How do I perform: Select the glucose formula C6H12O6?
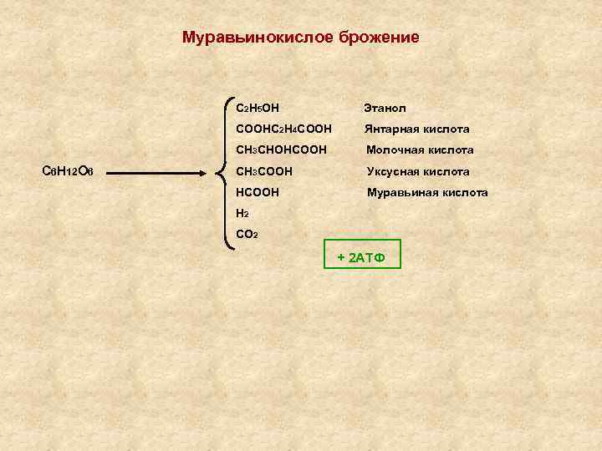(x=72, y=172)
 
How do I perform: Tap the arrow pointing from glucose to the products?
(x=159, y=173)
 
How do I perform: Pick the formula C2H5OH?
(x=258, y=108)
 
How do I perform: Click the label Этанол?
(x=385, y=108)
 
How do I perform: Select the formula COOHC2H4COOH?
(x=283, y=129)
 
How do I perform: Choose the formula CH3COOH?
(x=264, y=171)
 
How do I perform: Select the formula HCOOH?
(x=258, y=192)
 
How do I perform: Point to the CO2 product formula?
(x=247, y=235)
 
